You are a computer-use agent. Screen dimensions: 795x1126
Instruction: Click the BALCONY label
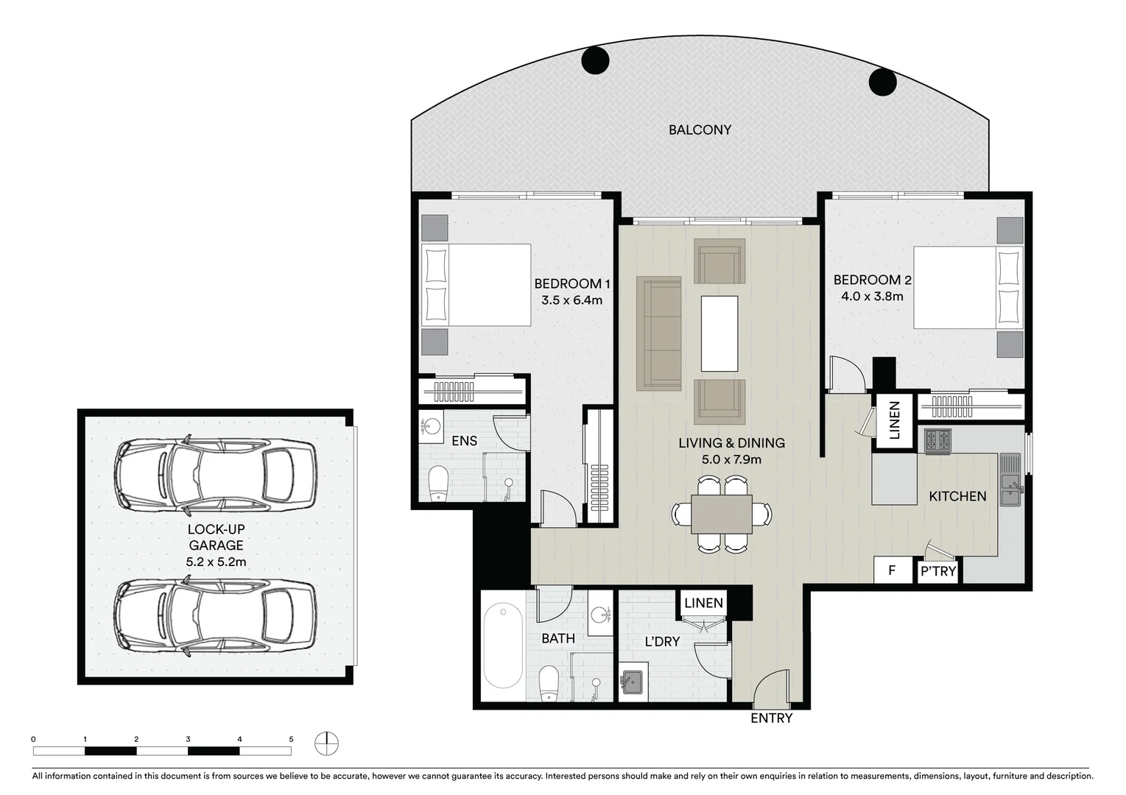(x=700, y=130)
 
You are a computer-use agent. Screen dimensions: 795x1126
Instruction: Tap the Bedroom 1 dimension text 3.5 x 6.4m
(x=571, y=300)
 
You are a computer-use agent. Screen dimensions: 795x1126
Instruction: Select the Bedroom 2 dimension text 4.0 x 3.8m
(x=872, y=296)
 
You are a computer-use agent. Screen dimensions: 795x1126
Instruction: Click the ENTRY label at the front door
(x=771, y=718)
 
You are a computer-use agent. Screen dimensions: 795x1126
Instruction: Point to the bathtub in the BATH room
(x=503, y=646)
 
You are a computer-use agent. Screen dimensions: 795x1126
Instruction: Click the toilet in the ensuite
(x=438, y=482)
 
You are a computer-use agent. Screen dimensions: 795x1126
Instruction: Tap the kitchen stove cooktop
(x=937, y=440)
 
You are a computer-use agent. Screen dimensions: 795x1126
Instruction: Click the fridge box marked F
(x=892, y=570)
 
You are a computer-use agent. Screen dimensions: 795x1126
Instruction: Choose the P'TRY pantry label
(x=937, y=571)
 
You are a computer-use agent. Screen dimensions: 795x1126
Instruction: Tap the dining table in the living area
(x=721, y=514)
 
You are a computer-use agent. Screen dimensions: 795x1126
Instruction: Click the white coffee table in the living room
(x=719, y=333)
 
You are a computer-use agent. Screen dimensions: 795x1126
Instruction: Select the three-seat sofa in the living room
(x=658, y=333)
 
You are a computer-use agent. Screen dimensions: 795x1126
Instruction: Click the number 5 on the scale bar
(x=291, y=739)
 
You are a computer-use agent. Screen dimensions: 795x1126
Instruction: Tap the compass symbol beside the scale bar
(x=326, y=743)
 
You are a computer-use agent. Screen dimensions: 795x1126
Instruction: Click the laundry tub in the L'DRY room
(x=633, y=682)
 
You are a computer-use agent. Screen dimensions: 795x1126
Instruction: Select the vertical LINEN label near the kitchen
(x=894, y=420)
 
